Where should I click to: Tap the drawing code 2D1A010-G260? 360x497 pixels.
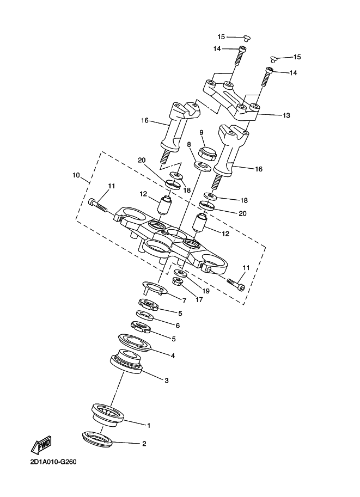53,462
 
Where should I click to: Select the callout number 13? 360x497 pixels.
286,115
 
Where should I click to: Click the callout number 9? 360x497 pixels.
202,132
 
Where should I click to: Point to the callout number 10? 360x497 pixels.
76,175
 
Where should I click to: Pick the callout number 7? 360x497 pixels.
184,300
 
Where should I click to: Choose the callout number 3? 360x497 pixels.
167,381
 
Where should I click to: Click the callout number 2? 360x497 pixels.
144,444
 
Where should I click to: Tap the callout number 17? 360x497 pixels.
199,299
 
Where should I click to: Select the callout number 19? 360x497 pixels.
205,291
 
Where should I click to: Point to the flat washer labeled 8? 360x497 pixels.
203,166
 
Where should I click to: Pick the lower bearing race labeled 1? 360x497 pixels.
107,414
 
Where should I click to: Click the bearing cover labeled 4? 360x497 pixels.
135,342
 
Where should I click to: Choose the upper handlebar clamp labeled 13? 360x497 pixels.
231,99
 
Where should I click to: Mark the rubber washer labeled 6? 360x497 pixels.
145,315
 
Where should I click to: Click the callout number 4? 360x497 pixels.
173,356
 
